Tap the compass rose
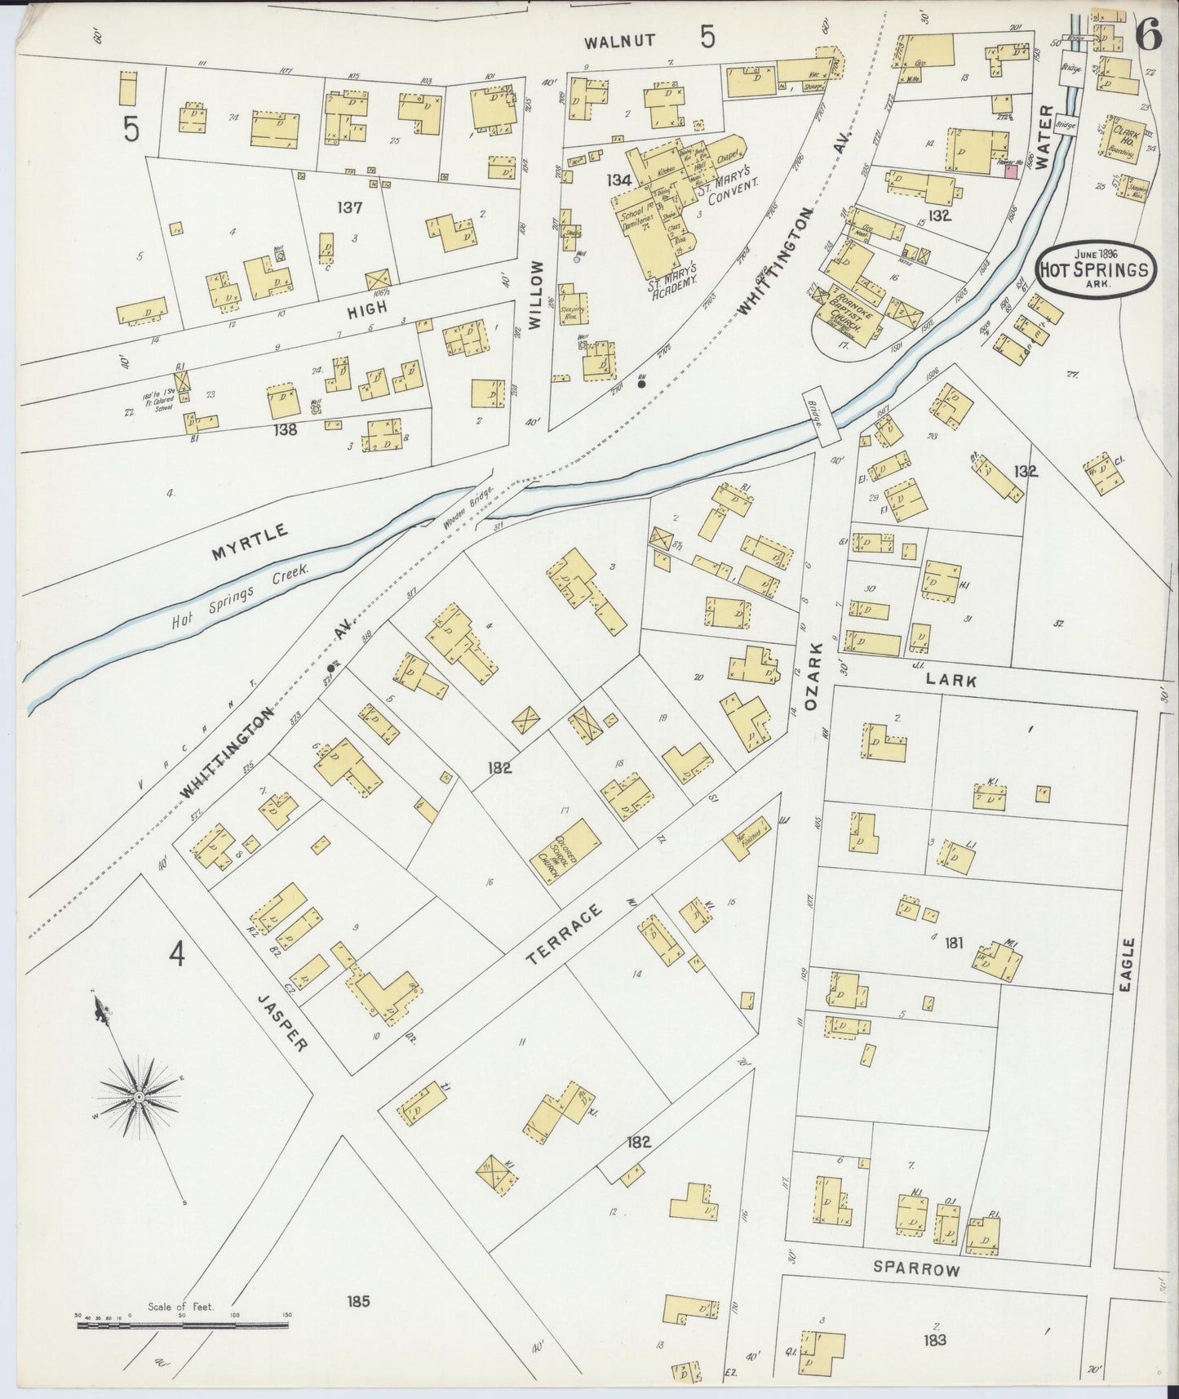click(140, 1098)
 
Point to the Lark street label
click(951, 679)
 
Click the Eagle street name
click(1128, 966)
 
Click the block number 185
click(357, 1300)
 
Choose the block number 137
click(349, 207)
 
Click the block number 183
click(934, 1339)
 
